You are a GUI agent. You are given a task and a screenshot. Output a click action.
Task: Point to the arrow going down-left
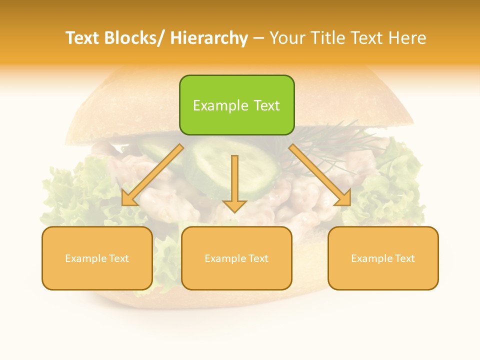pyautogui.click(x=152, y=175)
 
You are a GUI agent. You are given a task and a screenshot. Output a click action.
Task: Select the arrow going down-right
pyautogui.click(x=320, y=175)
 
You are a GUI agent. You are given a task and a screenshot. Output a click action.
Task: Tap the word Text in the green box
pyautogui.click(x=266, y=105)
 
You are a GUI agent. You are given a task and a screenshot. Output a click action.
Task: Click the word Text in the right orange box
pyautogui.click(x=404, y=258)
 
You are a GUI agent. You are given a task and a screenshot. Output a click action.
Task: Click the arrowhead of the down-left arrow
pyautogui.click(x=129, y=199)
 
